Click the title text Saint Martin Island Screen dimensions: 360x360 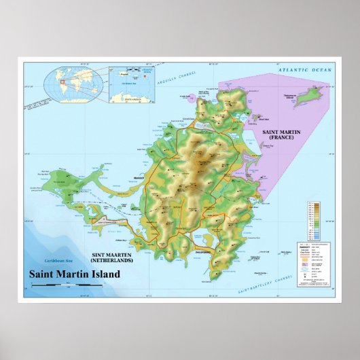point(73,275)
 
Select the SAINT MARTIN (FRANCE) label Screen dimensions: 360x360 point(278,133)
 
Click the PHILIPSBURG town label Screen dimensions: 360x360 point(204,251)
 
